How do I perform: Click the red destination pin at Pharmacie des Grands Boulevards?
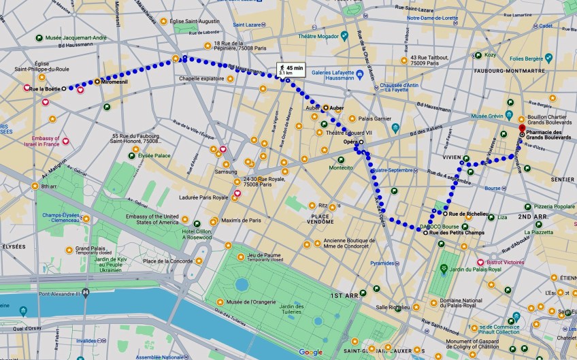521,128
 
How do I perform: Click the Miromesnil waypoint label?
115,82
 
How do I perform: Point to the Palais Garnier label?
366,118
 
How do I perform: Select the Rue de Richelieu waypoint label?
469,214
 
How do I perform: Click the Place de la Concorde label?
167,261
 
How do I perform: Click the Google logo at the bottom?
310,352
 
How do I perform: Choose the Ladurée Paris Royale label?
201,197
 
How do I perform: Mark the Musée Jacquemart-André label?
75,37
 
